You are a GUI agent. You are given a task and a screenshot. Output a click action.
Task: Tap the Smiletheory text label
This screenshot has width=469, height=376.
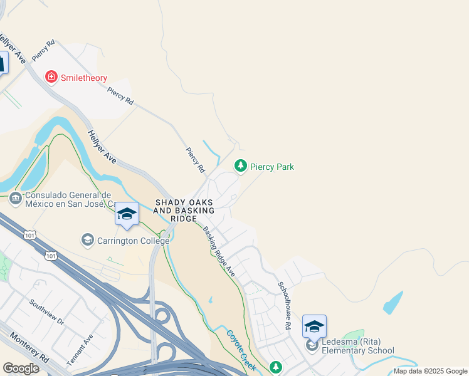click(84, 78)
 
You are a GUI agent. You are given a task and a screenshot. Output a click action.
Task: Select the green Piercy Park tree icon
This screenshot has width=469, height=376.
click(240, 166)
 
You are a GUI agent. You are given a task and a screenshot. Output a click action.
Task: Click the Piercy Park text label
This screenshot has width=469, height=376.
click(271, 167)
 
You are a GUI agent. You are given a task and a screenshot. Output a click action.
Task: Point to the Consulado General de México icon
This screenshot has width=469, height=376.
click(15, 199)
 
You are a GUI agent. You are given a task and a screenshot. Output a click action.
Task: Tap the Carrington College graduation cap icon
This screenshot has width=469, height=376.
click(87, 240)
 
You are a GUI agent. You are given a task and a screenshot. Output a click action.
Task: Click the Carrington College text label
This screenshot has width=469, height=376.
click(132, 241)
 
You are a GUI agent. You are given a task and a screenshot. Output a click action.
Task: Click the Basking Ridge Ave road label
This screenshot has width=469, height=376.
click(218, 251)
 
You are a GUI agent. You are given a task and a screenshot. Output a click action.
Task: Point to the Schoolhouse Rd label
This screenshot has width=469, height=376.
click(285, 305)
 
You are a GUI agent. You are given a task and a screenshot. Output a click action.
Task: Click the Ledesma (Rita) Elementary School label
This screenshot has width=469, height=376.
click(357, 347)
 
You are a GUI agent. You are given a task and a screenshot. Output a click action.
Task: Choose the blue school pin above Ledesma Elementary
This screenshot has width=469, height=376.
click(314, 326)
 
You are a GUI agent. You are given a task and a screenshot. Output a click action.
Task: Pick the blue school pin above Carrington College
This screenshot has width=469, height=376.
click(127, 215)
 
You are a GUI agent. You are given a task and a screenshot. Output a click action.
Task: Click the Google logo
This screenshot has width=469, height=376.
click(21, 368)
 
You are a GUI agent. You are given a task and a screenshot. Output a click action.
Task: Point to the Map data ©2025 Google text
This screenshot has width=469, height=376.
click(430, 371)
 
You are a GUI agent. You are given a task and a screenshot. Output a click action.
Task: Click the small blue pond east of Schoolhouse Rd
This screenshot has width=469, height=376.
click(393, 303)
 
